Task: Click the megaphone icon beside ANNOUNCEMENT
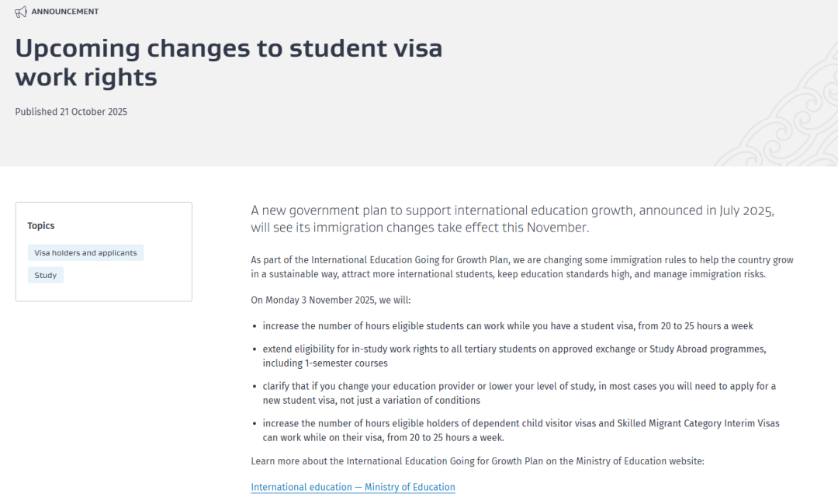point(21,12)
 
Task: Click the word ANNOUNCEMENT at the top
point(65,12)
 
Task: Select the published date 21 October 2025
point(93,112)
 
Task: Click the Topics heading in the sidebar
point(41,226)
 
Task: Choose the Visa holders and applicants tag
point(85,253)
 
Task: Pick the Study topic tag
point(46,276)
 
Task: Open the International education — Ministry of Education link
point(353,488)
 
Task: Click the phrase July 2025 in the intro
point(746,210)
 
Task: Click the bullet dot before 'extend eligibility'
point(255,349)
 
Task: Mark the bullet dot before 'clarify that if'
point(255,386)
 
